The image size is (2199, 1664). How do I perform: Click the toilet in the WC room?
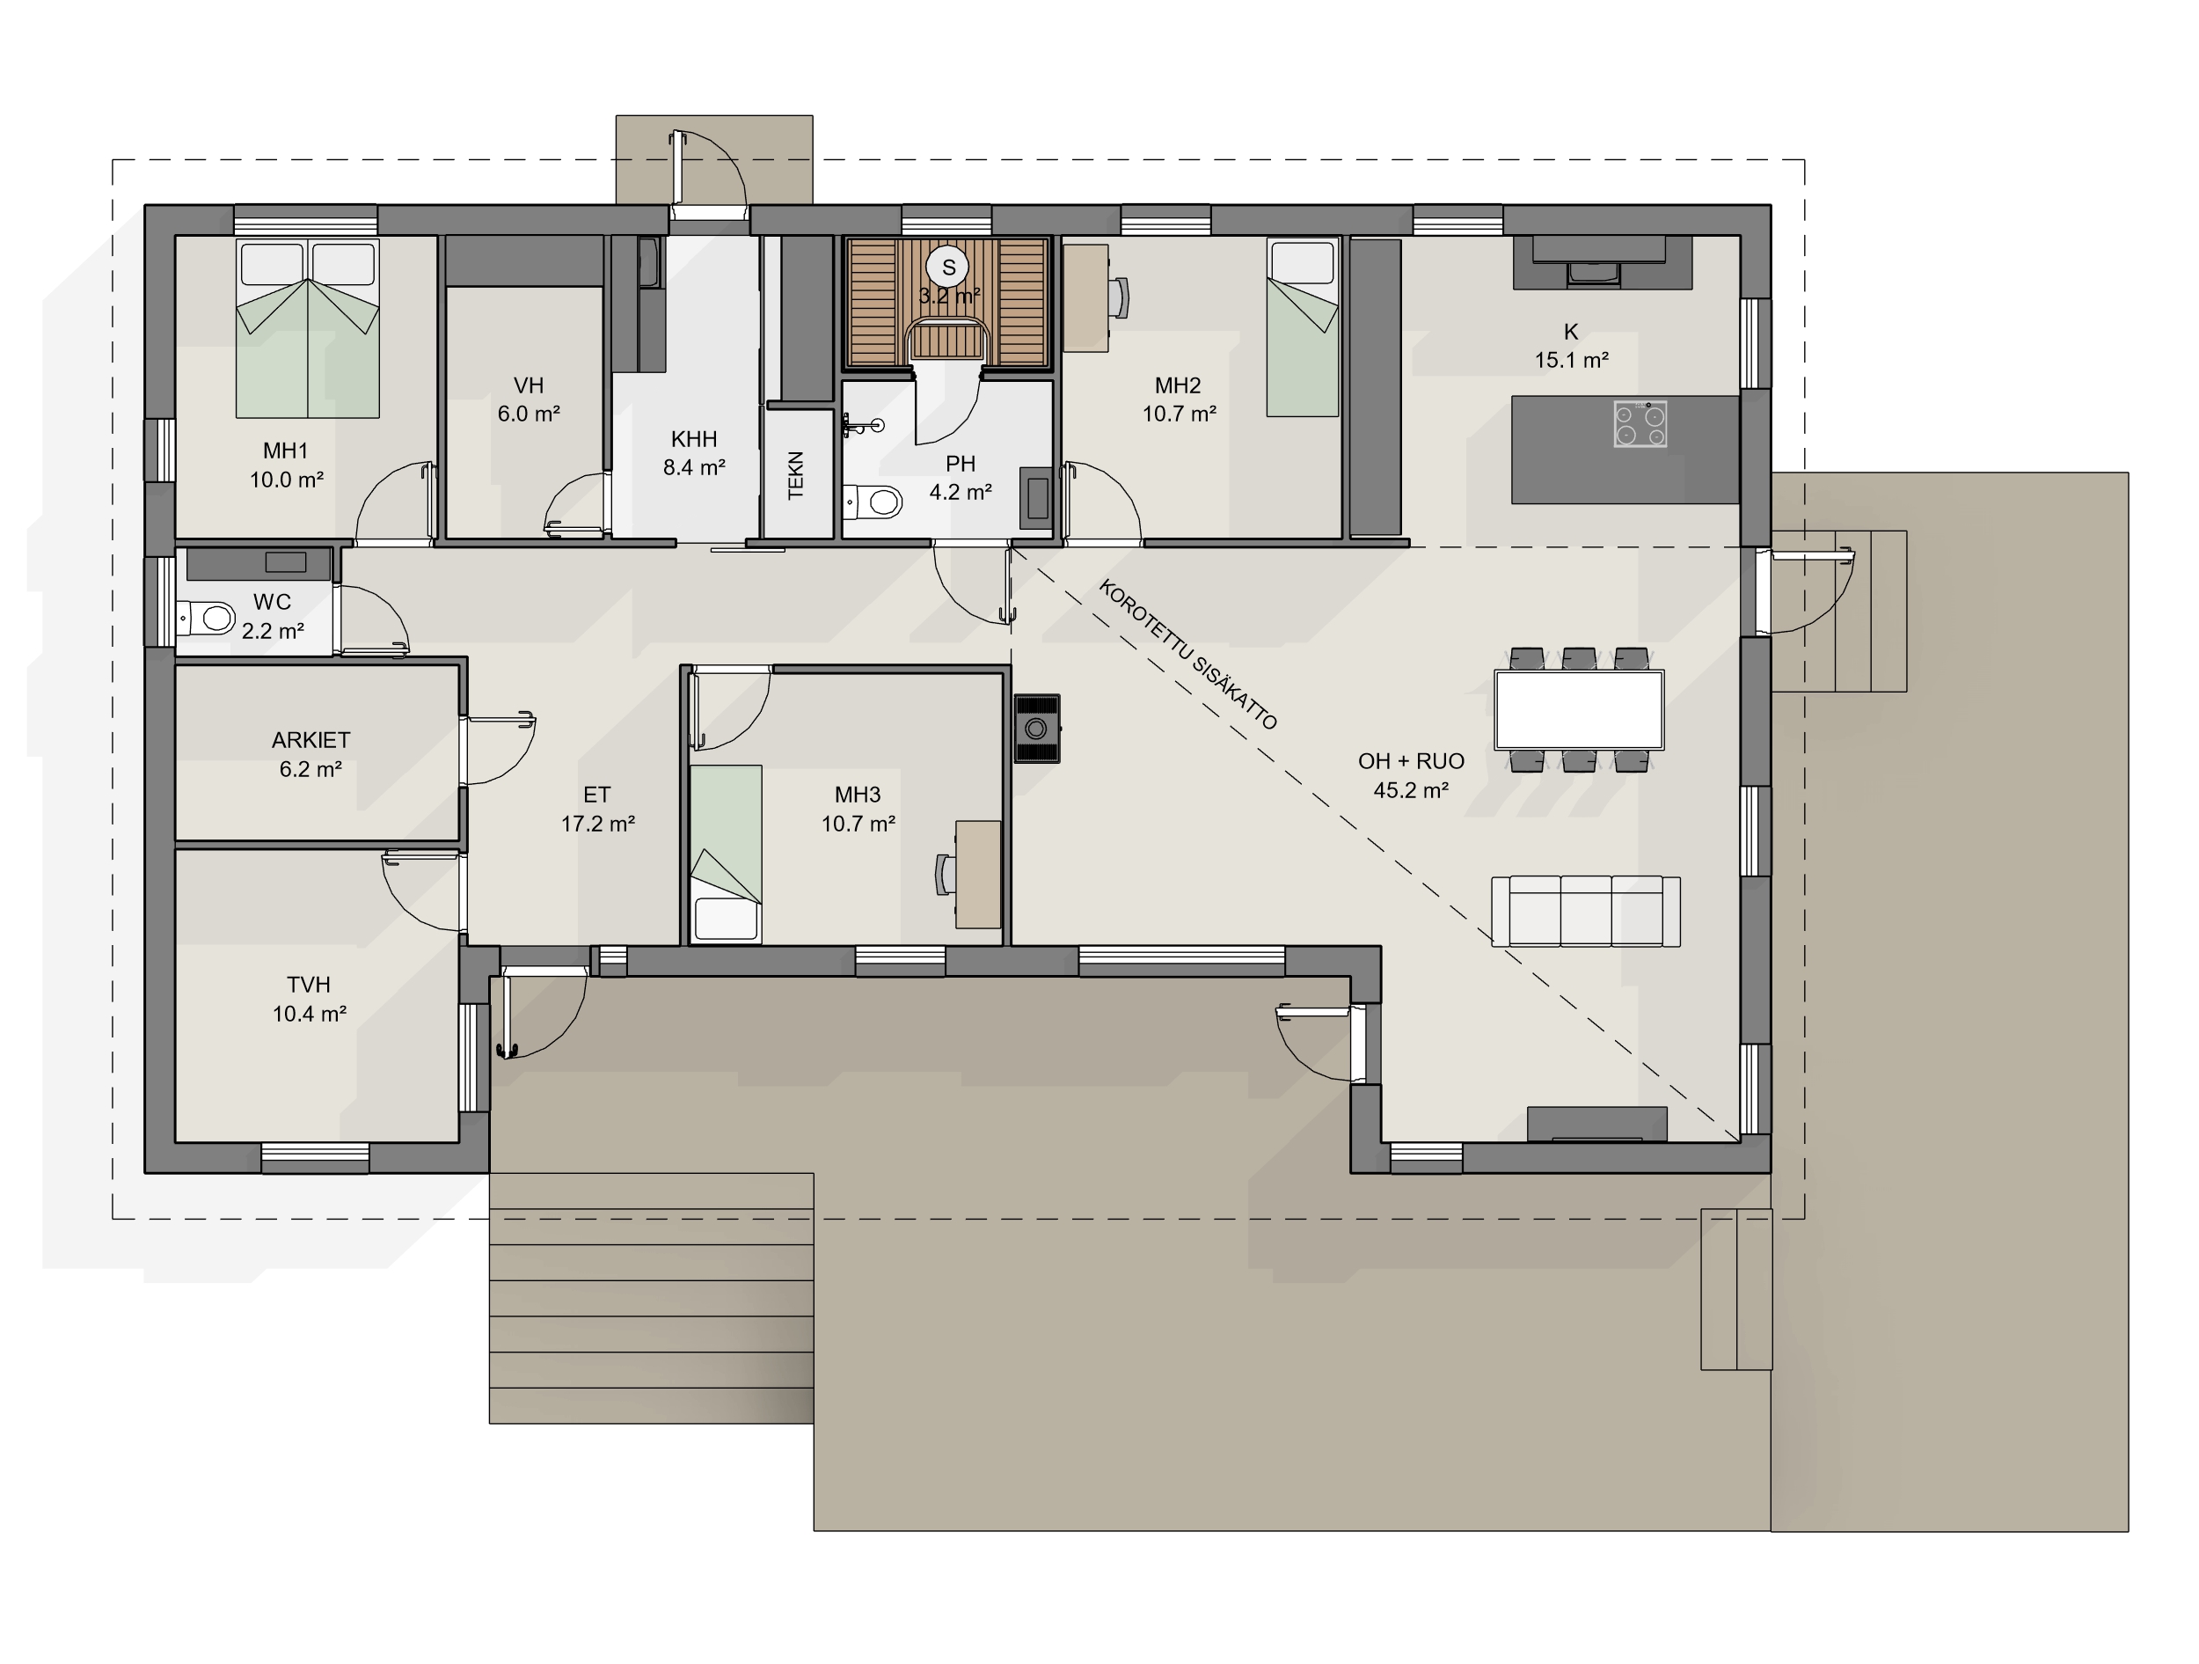point(207,618)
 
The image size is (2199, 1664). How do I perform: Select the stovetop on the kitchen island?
point(1640,424)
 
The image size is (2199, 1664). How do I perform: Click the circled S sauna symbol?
point(948,267)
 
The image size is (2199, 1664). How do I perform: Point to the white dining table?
point(1579,709)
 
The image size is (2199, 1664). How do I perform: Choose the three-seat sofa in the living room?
point(1586,911)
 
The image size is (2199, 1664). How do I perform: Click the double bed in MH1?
point(307,328)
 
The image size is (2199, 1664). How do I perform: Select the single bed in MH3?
point(726,854)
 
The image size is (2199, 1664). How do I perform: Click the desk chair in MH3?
point(946,875)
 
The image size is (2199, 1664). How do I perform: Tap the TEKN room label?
point(795,475)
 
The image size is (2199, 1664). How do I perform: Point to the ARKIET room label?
point(310,740)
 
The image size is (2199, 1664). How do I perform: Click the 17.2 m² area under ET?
point(597,824)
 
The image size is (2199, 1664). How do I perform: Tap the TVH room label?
point(308,985)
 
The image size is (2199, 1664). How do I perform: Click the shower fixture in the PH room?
point(862,427)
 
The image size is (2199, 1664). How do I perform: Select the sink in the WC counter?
point(285,562)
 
